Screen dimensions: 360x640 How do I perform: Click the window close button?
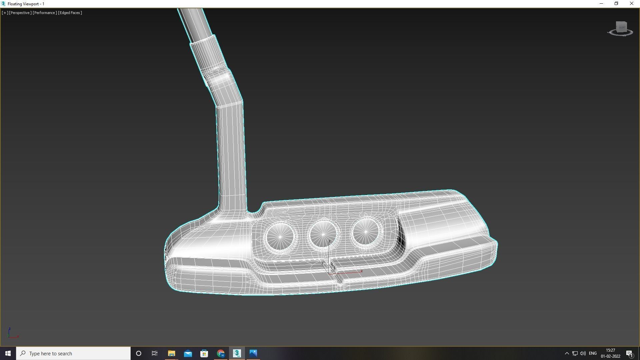pyautogui.click(x=631, y=4)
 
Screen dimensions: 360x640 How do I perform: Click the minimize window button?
pyautogui.click(x=601, y=4)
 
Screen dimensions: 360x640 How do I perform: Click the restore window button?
pyautogui.click(x=616, y=4)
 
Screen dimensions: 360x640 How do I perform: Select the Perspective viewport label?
pyautogui.click(x=20, y=13)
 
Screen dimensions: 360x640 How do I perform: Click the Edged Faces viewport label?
pyautogui.click(x=70, y=13)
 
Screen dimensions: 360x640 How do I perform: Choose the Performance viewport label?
pyautogui.click(x=45, y=13)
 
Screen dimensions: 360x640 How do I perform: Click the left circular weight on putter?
pyautogui.click(x=280, y=237)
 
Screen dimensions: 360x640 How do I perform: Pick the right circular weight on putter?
pyautogui.click(x=366, y=231)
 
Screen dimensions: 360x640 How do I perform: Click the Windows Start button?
pyautogui.click(x=8, y=353)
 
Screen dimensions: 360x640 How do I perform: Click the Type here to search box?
pyautogui.click(x=73, y=353)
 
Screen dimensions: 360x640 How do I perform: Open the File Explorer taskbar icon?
pyautogui.click(x=171, y=353)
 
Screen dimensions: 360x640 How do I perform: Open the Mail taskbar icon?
pyautogui.click(x=188, y=353)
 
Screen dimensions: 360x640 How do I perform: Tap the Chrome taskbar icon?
pyautogui.click(x=220, y=353)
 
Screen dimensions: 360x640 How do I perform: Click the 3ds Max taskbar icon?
pyautogui.click(x=237, y=353)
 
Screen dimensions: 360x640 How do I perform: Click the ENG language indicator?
pyautogui.click(x=593, y=353)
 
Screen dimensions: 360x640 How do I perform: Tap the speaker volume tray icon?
pyautogui.click(x=583, y=353)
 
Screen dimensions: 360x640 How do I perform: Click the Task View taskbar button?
pyautogui.click(x=155, y=353)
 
